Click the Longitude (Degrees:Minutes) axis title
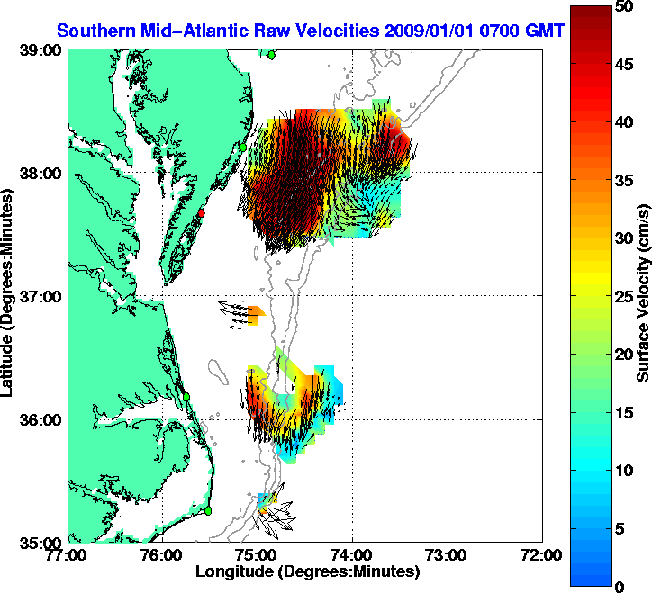[x=306, y=571]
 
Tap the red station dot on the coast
[x=203, y=213]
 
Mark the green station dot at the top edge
[x=271, y=55]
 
